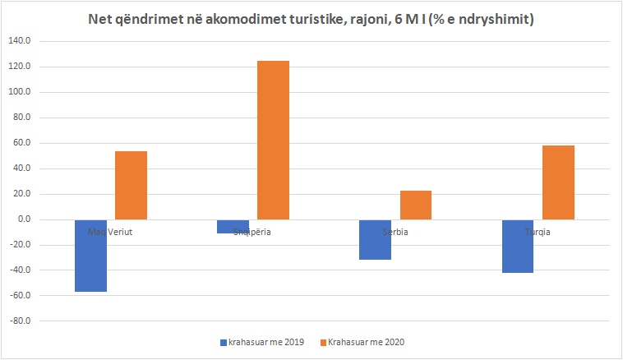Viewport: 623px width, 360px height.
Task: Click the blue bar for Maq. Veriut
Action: pos(90,256)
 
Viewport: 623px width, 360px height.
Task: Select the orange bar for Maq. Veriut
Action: pos(131,186)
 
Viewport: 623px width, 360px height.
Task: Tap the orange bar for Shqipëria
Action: pos(273,141)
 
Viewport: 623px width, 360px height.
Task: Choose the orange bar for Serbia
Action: pos(415,205)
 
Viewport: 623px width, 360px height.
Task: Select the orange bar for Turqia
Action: pos(558,182)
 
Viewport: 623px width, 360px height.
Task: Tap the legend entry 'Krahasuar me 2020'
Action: pos(367,342)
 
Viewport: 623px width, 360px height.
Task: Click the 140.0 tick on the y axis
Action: pos(20,41)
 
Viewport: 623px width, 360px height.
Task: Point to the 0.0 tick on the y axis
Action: pos(23,219)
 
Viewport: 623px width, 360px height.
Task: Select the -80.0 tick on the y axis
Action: pos(20,321)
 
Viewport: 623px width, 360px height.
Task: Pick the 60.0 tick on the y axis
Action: pos(21,143)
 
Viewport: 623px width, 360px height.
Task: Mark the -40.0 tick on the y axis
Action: pos(20,270)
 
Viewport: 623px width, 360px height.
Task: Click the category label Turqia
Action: pos(538,232)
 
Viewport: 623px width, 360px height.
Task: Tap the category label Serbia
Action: pos(395,232)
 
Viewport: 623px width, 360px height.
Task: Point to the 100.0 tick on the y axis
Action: pos(20,92)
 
